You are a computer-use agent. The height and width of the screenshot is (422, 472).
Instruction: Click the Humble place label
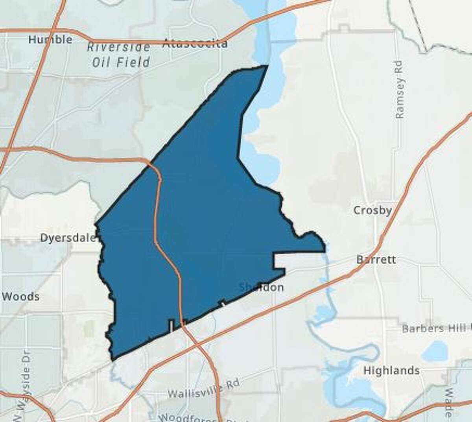click(50, 39)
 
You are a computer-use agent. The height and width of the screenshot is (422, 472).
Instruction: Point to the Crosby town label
click(372, 210)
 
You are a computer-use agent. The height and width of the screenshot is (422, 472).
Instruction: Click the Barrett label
click(376, 260)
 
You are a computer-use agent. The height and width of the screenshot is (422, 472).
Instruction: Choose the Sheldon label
click(262, 287)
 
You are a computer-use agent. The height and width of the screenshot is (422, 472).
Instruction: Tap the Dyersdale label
click(68, 238)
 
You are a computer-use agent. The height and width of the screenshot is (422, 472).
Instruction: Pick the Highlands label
click(391, 370)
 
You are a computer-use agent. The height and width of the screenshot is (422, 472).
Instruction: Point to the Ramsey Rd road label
click(399, 89)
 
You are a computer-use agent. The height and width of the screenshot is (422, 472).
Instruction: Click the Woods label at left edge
click(20, 297)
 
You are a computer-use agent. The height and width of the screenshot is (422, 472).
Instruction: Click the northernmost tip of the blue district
click(267, 66)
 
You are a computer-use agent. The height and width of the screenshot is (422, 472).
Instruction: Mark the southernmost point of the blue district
click(112, 359)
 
